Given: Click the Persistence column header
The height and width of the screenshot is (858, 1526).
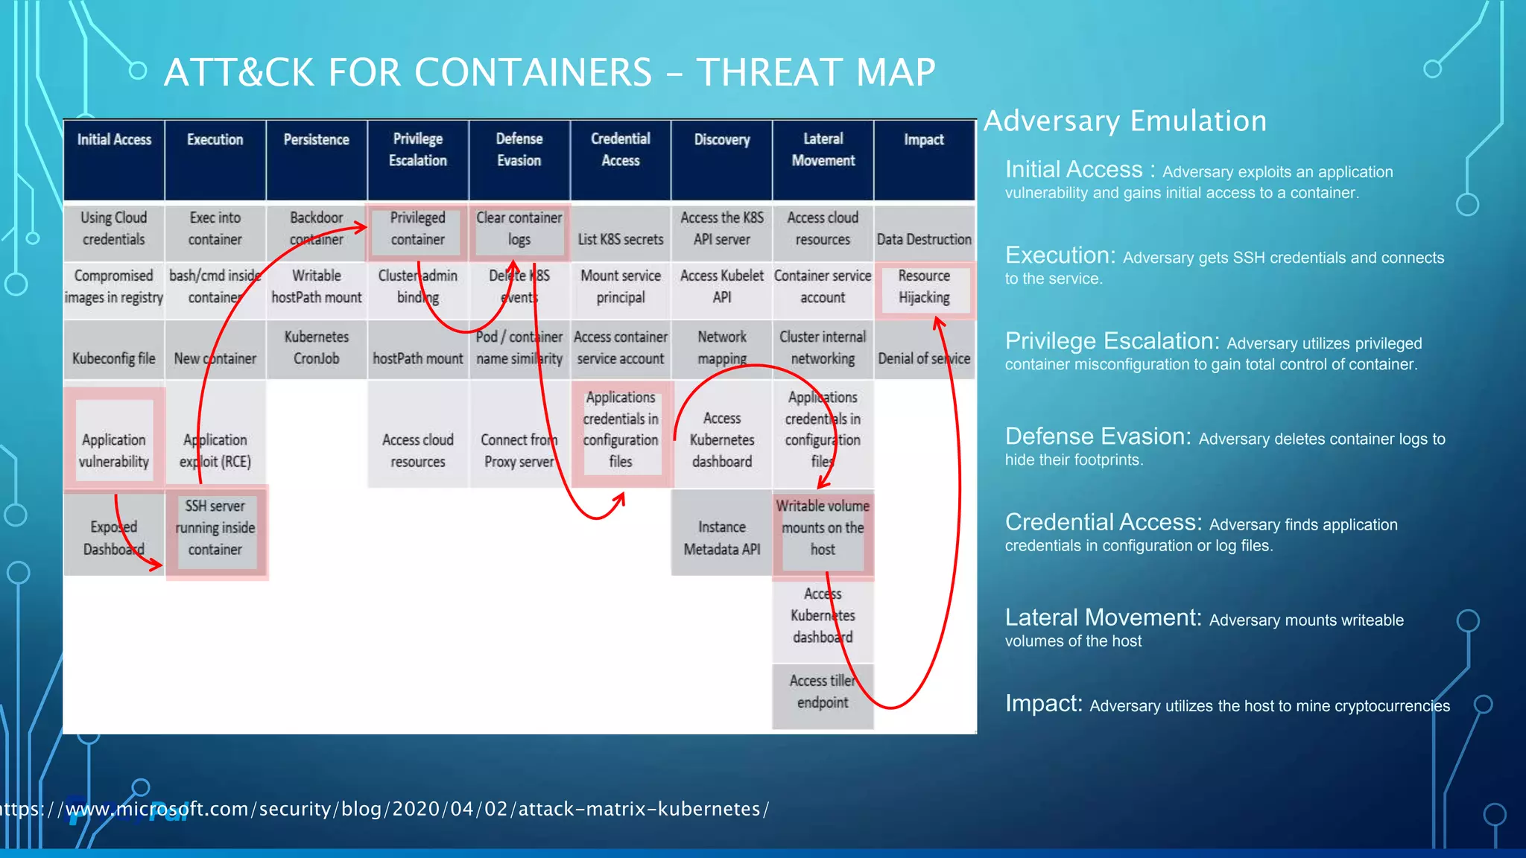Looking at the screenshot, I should [316, 140].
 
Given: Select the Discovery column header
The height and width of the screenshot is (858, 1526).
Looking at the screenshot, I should [721, 140].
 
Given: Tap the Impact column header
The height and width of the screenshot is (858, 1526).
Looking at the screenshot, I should [923, 140].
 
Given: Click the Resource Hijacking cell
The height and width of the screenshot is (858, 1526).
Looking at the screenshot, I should [924, 287].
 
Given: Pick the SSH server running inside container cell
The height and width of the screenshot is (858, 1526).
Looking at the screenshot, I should [215, 527].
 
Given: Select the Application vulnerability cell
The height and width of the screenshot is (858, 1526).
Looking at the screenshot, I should [114, 451].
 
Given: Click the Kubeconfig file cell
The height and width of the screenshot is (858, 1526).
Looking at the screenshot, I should [114, 358].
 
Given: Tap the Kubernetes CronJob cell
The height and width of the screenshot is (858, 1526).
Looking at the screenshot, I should [316, 348].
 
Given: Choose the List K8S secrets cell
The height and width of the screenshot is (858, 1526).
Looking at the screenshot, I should [620, 239].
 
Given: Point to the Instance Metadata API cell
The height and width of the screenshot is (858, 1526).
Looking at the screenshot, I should [721, 538].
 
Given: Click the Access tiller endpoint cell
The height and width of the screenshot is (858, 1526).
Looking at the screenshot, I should [823, 691].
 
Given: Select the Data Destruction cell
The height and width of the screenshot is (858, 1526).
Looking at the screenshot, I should [924, 239].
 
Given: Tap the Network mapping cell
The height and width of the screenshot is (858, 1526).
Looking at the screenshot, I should [721, 348].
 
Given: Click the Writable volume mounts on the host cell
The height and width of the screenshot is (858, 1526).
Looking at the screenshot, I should [823, 527].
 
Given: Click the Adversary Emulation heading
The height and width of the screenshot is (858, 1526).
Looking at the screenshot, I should [1125, 121].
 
